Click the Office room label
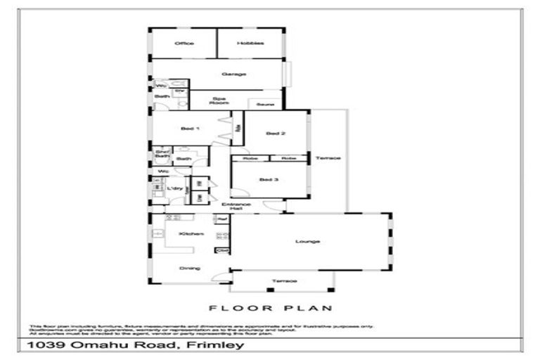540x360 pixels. click(x=184, y=44)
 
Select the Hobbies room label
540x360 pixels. click(x=250, y=44)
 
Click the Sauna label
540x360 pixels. click(x=265, y=104)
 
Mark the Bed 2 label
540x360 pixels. click(x=275, y=133)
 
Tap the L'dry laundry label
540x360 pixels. click(x=175, y=189)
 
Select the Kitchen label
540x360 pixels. click(x=191, y=233)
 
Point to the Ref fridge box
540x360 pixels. click(x=222, y=220)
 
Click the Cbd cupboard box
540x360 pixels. click(x=223, y=250)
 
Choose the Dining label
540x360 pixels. click(x=189, y=268)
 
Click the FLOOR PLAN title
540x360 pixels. click(x=271, y=308)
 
